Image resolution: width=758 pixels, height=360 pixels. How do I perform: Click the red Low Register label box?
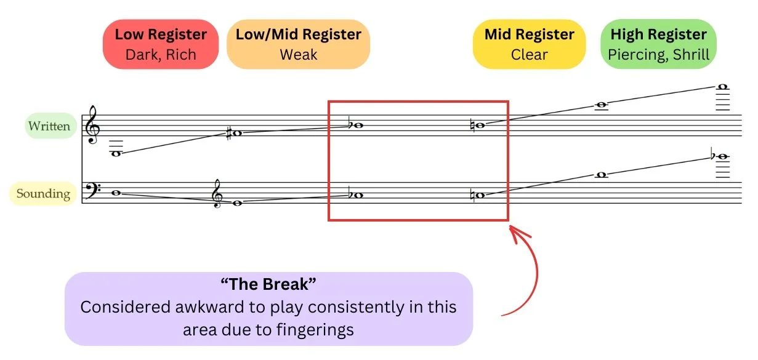click(x=161, y=44)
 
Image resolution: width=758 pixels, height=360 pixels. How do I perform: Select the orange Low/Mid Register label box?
click(x=298, y=44)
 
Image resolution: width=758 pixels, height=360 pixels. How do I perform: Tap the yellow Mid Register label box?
click(x=529, y=44)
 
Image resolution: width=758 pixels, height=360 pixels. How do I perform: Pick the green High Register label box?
click(x=658, y=44)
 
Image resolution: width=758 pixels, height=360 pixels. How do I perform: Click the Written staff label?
click(x=49, y=126)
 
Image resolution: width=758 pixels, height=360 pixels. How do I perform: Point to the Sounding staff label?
click(x=43, y=194)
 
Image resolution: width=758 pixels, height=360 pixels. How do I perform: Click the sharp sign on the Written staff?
click(x=229, y=133)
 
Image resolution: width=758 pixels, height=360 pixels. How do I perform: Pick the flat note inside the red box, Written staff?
click(x=357, y=125)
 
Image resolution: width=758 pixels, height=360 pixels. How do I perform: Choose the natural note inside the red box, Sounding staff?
click(x=480, y=195)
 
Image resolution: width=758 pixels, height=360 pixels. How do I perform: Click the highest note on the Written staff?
click(x=724, y=87)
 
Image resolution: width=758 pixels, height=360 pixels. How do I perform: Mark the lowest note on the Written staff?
click(x=115, y=154)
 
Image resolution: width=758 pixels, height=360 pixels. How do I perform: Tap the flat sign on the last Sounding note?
click(x=714, y=156)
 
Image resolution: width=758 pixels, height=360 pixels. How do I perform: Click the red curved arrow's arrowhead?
click(x=512, y=231)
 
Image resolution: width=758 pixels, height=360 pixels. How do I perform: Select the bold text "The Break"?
click(x=268, y=285)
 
